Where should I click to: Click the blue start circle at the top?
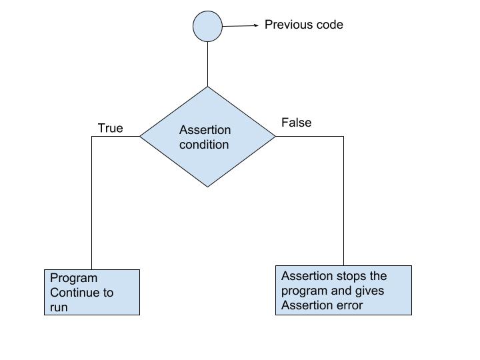pos(207,27)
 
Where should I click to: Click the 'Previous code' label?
pos(303,25)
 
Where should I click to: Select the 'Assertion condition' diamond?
pos(207,137)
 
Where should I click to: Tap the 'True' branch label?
pos(110,128)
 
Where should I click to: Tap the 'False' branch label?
pos(296,123)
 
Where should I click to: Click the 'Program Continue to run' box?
pos(92,292)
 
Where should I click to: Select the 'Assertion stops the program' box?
pos(343,290)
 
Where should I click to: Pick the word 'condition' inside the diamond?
pos(204,145)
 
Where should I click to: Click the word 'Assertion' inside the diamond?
pos(206,130)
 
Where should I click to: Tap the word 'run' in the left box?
pos(59,307)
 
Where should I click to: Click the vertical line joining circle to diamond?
pos(207,64)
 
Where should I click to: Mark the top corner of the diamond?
pos(207,87)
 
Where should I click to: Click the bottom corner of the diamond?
pos(207,186)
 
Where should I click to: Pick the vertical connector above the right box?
pos(343,200)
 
